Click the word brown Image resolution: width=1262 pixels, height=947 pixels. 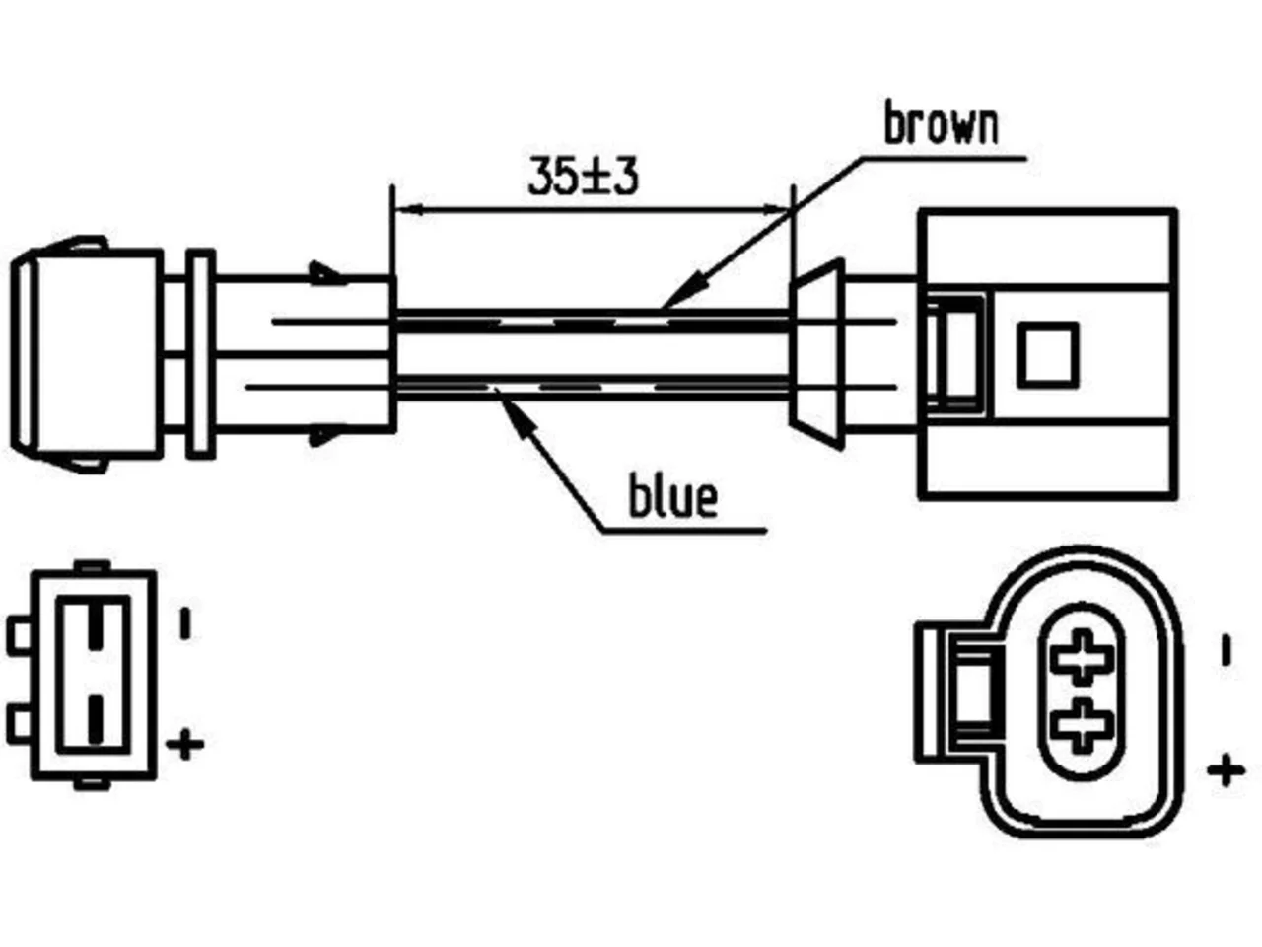942,121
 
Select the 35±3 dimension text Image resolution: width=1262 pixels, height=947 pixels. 583,176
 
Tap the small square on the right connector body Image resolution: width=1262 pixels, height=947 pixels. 1047,355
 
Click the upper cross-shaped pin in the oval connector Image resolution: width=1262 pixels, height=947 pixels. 1082,657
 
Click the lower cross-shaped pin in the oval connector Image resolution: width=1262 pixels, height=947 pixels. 1082,726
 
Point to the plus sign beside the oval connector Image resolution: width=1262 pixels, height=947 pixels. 1226,770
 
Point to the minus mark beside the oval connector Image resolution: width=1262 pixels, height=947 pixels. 1227,650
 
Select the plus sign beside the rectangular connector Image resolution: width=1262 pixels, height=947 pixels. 184,744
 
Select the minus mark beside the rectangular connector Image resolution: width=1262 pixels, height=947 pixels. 185,622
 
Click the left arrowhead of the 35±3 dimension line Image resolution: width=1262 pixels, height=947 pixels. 409,209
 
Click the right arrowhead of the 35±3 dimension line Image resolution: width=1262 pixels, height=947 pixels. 774,209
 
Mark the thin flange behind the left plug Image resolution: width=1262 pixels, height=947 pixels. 201,354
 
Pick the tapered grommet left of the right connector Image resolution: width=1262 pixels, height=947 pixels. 816,354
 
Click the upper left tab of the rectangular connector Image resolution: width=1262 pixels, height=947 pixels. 20,636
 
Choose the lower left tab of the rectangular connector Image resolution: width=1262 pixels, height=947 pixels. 20,722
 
